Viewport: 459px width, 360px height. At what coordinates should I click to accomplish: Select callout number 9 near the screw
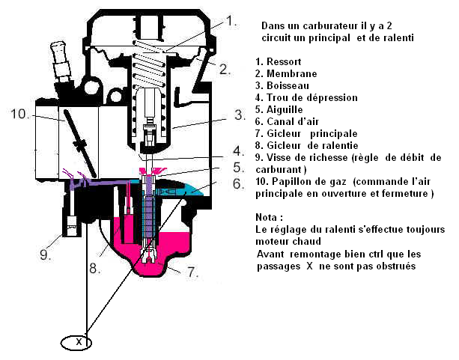45,255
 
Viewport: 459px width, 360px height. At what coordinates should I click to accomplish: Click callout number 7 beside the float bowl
192,272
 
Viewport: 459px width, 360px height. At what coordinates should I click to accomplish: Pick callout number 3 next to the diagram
239,115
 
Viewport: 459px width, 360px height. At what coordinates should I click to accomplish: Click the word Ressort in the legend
285,61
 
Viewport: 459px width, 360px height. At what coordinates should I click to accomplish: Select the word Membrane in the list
291,73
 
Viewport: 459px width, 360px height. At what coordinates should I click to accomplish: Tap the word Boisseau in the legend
289,85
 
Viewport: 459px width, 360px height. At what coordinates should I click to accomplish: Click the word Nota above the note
267,217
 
